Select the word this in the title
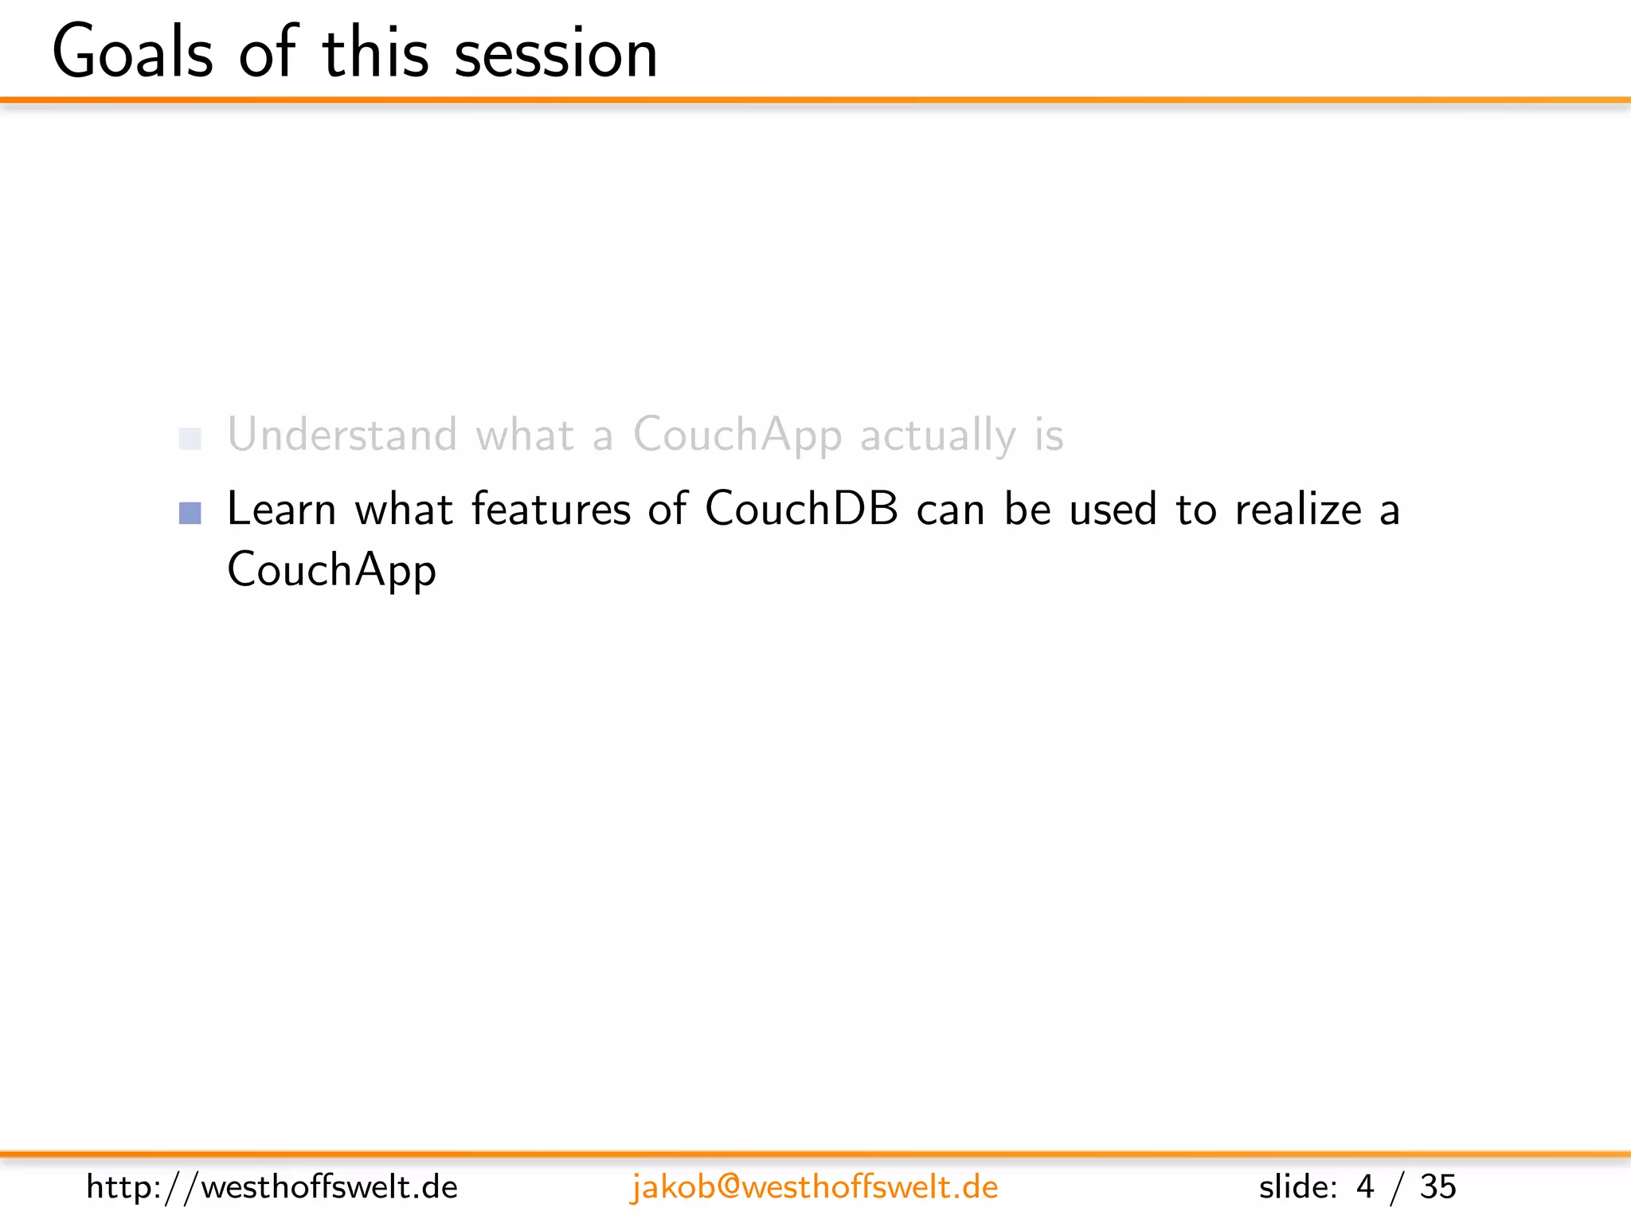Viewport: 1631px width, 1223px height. click(x=375, y=53)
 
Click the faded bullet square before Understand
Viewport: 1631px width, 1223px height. click(x=190, y=439)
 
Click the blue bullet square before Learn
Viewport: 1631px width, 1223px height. click(x=190, y=513)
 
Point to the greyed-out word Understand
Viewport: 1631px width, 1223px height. click(x=342, y=435)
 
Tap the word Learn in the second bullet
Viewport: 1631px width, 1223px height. click(x=281, y=509)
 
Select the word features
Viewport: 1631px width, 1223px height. click(x=551, y=509)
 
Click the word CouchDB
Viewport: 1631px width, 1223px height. click(x=801, y=509)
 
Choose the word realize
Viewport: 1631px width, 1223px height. click(x=1298, y=509)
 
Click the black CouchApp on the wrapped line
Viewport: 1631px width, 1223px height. click(x=331, y=570)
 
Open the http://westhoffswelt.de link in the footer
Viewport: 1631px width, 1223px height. click(x=272, y=1187)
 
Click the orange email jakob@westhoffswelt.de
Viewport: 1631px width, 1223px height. click(x=814, y=1187)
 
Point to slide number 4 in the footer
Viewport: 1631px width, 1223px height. click(x=1365, y=1187)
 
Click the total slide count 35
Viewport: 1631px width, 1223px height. click(x=1437, y=1187)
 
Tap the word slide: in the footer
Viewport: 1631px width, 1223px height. click(x=1298, y=1187)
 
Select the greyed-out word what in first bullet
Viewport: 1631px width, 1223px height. click(x=524, y=435)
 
